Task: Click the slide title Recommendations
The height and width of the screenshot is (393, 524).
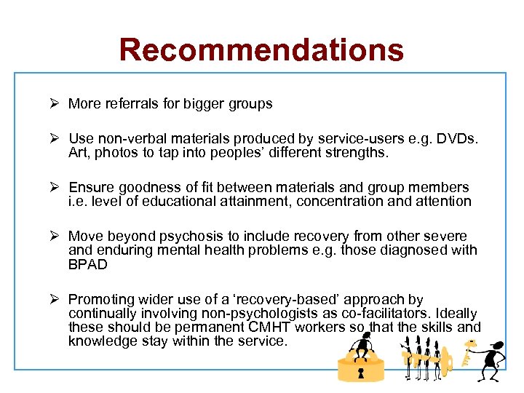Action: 261,49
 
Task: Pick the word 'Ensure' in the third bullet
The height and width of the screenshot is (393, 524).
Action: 89,188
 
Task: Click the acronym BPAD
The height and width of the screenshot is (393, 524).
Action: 87,264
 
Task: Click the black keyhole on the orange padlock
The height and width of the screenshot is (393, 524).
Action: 360,373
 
